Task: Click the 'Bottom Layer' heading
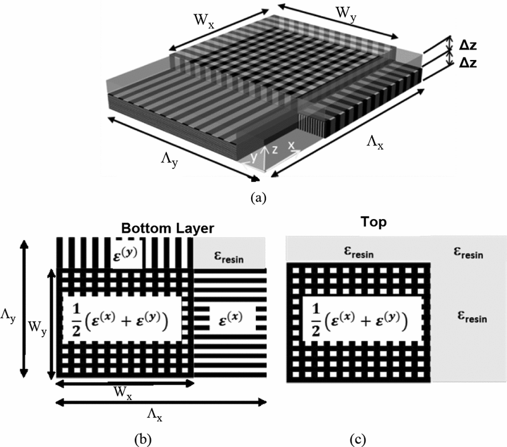(x=168, y=228)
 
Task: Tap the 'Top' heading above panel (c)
(x=373, y=222)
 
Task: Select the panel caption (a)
(x=258, y=197)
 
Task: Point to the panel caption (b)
(x=143, y=439)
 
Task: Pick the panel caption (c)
(x=358, y=439)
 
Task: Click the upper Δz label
(x=468, y=46)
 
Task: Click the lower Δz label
(x=468, y=63)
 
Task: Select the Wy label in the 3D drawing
(x=346, y=15)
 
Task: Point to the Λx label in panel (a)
(x=375, y=142)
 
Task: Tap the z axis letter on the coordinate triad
(x=275, y=149)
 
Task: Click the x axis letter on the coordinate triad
(x=291, y=145)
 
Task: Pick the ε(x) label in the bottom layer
(x=231, y=318)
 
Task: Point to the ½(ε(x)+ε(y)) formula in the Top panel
(x=360, y=320)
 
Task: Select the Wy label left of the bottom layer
(x=37, y=328)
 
